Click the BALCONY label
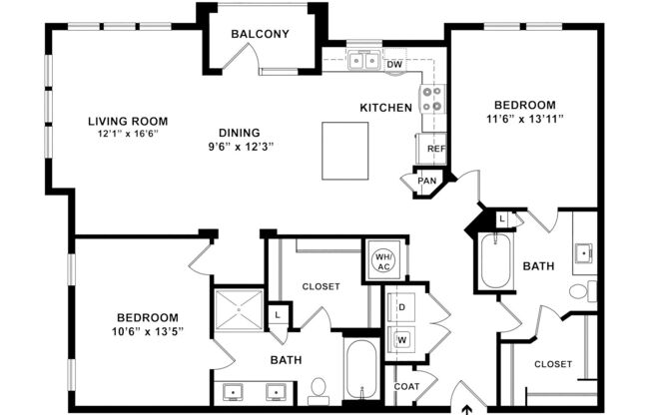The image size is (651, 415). tap(260, 34)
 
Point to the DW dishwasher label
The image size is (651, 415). tap(394, 64)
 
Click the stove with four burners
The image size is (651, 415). tap(432, 99)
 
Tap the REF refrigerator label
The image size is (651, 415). tap(435, 149)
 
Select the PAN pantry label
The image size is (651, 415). tap(427, 181)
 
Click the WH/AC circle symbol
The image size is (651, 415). tap(383, 261)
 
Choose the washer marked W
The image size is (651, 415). tap(402, 339)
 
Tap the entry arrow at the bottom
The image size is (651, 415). tap(467, 407)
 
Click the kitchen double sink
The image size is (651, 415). tap(363, 62)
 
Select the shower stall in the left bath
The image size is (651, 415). tap(239, 307)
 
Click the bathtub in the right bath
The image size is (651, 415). tap(495, 260)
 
